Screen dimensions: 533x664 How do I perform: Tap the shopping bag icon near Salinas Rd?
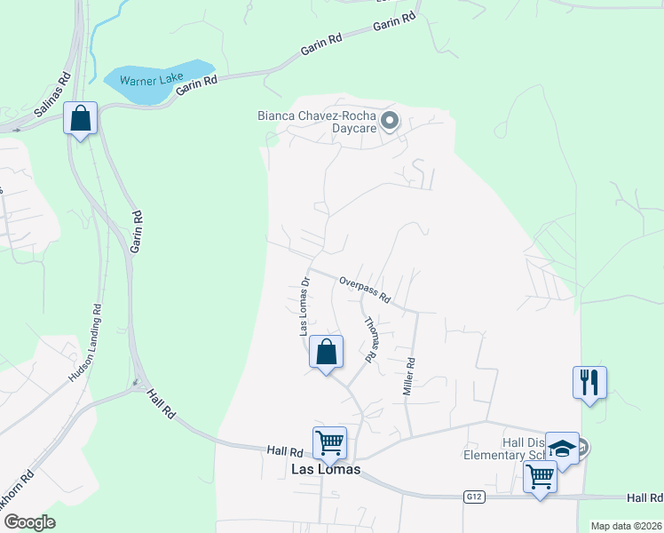(80, 118)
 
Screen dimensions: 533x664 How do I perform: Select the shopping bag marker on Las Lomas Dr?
(327, 352)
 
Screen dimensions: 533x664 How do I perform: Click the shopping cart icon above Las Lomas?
(329, 442)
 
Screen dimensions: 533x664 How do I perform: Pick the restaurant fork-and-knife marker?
(589, 383)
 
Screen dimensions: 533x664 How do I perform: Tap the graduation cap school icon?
(562, 448)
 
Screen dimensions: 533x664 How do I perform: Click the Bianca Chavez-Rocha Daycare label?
(317, 122)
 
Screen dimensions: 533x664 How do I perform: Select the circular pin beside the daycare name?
(388, 119)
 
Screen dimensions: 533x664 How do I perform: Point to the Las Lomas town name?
(327, 469)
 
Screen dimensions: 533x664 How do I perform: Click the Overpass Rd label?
(365, 290)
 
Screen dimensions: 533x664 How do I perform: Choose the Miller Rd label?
(410, 377)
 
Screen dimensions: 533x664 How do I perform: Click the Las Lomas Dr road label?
(304, 306)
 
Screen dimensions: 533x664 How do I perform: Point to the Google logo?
(29, 521)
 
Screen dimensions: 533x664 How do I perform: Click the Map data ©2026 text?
(626, 526)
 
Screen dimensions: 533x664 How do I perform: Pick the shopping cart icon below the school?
(540, 477)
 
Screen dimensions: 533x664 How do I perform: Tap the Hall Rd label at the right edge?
(644, 497)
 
